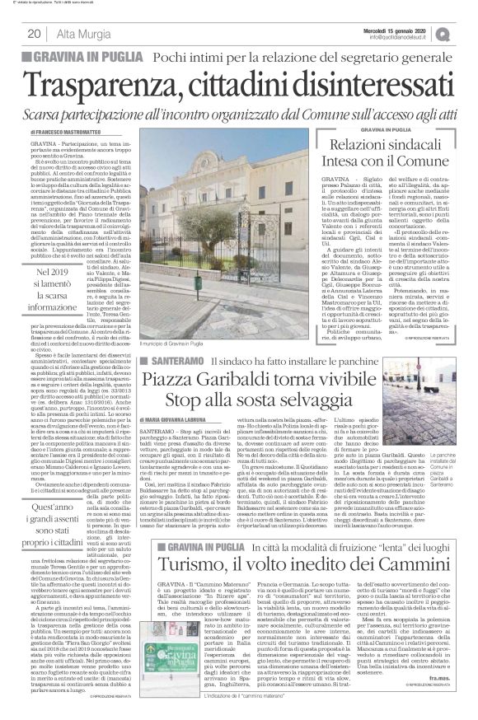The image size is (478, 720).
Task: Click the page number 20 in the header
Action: coord(35,33)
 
